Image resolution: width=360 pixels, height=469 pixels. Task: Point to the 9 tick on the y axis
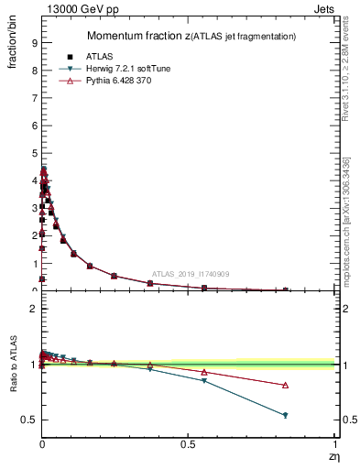33,42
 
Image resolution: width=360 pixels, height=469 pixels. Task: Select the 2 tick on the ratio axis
33,309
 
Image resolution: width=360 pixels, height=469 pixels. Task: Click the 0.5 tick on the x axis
188,442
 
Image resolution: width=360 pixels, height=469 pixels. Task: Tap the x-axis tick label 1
335,442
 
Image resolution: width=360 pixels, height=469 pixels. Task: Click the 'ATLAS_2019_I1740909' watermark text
190,273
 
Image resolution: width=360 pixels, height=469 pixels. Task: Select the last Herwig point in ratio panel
285,415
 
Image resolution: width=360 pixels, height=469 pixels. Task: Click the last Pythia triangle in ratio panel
285,385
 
